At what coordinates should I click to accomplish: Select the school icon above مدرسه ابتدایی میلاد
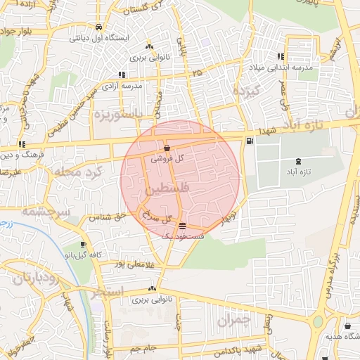pos(281,56)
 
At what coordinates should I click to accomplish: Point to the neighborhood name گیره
pos(246,91)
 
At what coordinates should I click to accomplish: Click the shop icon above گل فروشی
pos(167,148)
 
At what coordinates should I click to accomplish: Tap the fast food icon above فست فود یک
pos(183,226)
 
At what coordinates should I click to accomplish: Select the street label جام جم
pos(143,347)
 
